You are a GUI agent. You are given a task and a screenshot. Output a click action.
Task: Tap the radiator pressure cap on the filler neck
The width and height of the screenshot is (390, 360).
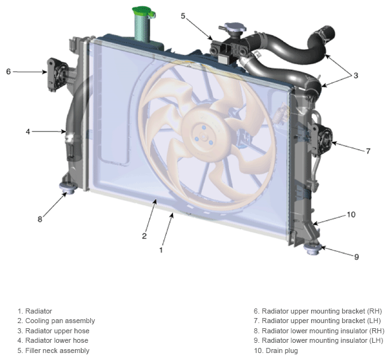[235, 27]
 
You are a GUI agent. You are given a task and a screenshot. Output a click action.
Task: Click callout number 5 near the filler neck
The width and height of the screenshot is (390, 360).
[183, 16]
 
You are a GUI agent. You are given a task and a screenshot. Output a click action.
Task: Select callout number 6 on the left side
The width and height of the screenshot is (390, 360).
[8, 72]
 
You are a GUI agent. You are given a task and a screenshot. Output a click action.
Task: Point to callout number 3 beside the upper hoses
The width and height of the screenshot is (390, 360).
[356, 75]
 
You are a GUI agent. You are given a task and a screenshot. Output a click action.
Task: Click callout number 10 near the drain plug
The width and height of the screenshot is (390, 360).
[351, 214]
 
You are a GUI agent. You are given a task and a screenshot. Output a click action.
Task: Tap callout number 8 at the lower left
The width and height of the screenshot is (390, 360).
[40, 219]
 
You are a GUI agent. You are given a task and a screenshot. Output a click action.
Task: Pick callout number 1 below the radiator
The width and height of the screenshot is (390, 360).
[161, 250]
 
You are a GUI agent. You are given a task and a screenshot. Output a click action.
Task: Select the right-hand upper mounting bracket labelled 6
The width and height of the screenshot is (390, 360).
[58, 74]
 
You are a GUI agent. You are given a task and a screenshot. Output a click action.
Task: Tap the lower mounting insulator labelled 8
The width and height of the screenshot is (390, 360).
[67, 188]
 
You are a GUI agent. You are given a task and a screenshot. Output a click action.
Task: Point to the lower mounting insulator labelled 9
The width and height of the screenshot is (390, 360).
[313, 249]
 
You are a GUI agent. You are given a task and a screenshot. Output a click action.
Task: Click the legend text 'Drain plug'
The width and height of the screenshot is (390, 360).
[282, 350]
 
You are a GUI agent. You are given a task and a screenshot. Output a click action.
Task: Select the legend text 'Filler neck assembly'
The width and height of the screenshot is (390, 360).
[57, 350]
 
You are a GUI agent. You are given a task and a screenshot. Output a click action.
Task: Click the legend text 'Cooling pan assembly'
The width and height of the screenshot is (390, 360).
[60, 321]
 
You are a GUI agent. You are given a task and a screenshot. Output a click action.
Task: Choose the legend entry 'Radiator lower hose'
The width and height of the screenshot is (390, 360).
[57, 340]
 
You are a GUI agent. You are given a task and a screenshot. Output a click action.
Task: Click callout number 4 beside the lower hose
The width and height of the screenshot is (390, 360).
[28, 132]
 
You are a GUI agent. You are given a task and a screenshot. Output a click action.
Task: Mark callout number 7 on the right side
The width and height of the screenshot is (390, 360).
[368, 151]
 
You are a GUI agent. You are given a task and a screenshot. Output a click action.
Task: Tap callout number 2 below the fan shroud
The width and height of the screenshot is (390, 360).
[144, 236]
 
